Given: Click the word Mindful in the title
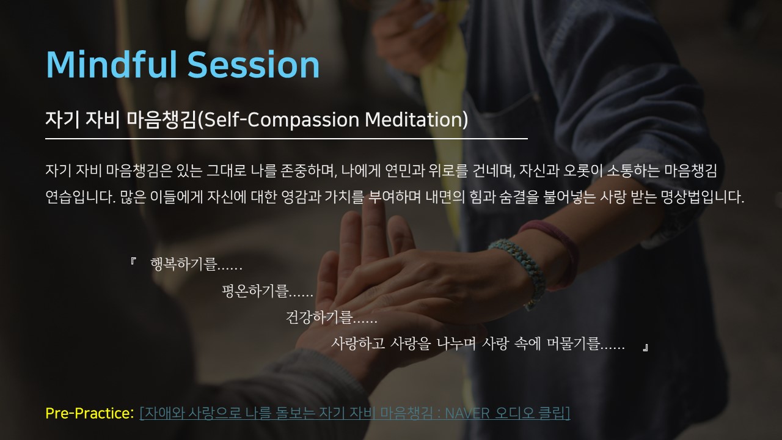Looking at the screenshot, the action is click(111, 64).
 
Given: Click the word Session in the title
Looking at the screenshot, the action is click(254, 64).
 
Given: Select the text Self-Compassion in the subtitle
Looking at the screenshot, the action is click(282, 120).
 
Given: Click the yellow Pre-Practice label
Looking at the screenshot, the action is click(90, 413).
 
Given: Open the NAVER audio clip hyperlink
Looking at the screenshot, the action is click(355, 413).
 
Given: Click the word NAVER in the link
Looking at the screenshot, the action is click(467, 414).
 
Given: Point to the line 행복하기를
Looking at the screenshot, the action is click(196, 264).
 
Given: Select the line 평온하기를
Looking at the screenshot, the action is click(268, 291).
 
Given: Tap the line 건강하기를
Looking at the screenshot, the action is click(331, 317).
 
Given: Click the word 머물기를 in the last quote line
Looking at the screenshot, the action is click(585, 343).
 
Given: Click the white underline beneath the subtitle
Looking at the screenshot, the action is click(287, 139).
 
